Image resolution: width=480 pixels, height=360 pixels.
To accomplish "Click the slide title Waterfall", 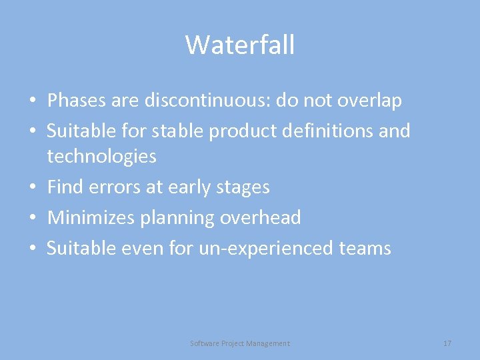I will tap(240, 45).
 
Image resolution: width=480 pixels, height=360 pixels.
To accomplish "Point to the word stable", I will tap(178, 131).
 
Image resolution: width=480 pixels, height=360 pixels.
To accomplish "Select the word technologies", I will tap(101, 157).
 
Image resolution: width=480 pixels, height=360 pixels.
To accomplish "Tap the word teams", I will tap(365, 249).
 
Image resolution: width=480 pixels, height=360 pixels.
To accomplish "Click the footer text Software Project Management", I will tap(240, 343).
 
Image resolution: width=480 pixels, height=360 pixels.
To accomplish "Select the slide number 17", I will tap(447, 343).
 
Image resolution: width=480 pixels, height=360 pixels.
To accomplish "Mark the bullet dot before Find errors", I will tap(32, 188).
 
